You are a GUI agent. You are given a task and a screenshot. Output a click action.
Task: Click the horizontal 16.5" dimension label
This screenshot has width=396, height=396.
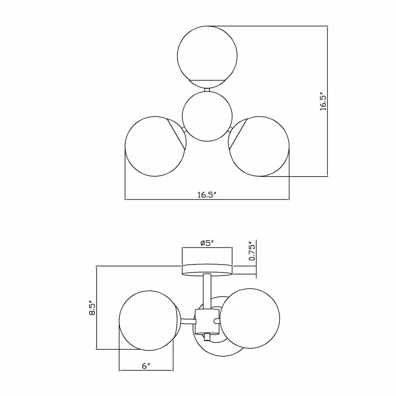pyautogui.click(x=207, y=195)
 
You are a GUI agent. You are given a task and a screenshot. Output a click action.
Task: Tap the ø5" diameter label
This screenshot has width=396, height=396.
pyautogui.click(x=207, y=243)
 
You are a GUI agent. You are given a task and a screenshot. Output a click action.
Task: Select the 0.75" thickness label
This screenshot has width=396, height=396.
pyautogui.click(x=252, y=251)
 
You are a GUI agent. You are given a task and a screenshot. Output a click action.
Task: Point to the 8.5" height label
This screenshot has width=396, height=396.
pyautogui.click(x=92, y=308)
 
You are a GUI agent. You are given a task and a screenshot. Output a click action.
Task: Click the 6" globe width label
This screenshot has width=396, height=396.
pyautogui.click(x=146, y=366)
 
